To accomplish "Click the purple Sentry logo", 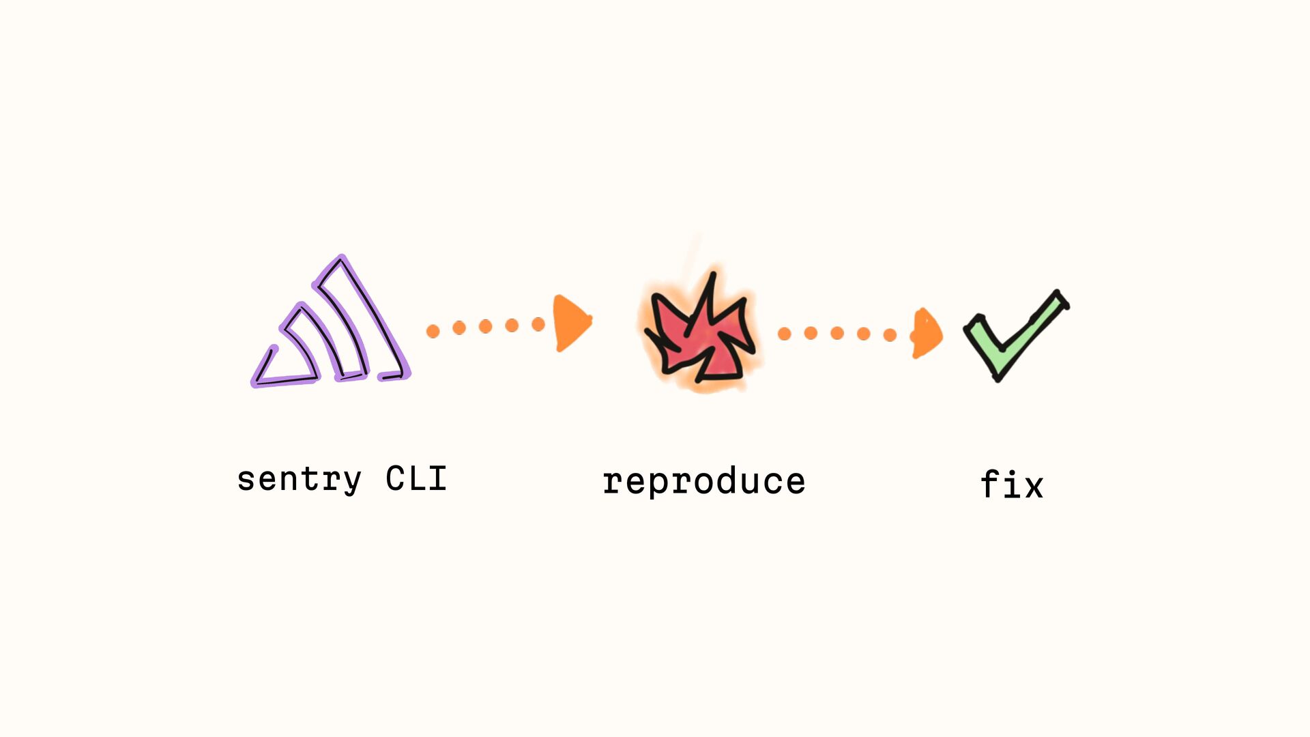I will (x=331, y=324).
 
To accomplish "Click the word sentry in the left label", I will (x=299, y=479).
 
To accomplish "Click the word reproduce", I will (x=704, y=482).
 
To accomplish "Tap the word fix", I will (x=1012, y=485).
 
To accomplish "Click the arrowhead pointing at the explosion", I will (x=572, y=323).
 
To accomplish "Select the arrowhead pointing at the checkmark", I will (x=927, y=333).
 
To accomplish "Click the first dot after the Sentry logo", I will (x=433, y=332).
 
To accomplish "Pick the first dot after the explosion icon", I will (x=785, y=334).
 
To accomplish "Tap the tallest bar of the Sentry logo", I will (x=365, y=321).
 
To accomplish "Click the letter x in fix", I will (x=1034, y=487).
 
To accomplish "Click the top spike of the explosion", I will (x=712, y=280).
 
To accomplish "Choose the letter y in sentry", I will (x=351, y=480).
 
